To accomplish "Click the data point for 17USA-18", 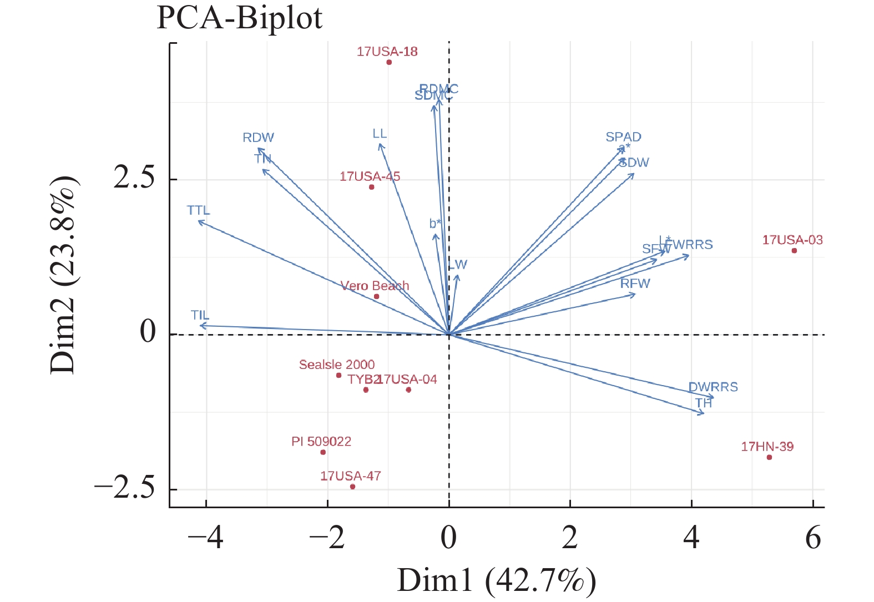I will [x=389, y=62].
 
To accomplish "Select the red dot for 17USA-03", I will [x=794, y=251].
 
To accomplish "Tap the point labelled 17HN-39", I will [x=769, y=457].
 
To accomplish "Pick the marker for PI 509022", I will [x=323, y=452].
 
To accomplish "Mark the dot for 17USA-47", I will [x=352, y=487].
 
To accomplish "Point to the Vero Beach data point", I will [x=376, y=296].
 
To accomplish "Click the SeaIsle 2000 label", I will [x=337, y=365].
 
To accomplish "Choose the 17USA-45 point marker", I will [x=372, y=187].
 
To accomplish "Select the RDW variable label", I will [x=259, y=138].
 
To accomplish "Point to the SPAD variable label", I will [x=623, y=137].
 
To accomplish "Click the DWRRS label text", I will [x=713, y=387].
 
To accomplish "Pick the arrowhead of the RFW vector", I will [x=635, y=295].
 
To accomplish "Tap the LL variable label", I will [x=380, y=134].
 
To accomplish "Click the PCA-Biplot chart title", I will [x=240, y=18].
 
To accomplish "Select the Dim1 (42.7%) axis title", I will [x=497, y=581].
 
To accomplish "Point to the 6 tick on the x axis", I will [x=813, y=537].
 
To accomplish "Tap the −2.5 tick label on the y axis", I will [x=124, y=489].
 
